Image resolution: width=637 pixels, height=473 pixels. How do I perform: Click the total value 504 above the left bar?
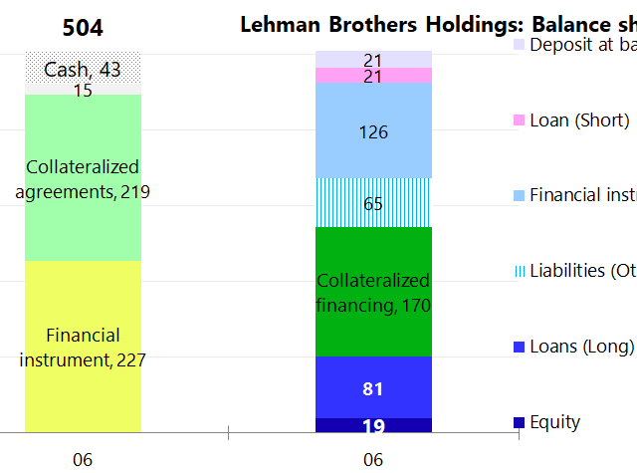[x=83, y=27]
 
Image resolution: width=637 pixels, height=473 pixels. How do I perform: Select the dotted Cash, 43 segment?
[x=83, y=69]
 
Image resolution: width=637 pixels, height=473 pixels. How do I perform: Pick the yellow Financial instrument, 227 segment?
[x=83, y=347]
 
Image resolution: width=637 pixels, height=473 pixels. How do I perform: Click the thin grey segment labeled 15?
[x=83, y=90]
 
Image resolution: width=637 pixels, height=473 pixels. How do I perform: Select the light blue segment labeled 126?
[x=373, y=130]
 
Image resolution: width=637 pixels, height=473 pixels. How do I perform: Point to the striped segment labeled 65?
[x=373, y=203]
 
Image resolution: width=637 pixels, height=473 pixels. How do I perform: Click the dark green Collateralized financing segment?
[x=373, y=292]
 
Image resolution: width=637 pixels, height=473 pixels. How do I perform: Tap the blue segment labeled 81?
[x=373, y=387]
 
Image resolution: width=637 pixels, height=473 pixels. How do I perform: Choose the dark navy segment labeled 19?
[x=373, y=426]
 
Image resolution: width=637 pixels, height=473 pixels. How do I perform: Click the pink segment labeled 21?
[x=373, y=77]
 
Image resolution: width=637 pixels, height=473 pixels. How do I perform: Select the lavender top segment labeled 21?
[x=373, y=60]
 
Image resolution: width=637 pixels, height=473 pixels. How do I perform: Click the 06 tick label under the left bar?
[x=83, y=460]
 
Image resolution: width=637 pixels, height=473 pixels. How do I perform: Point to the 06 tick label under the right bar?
[x=373, y=460]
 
